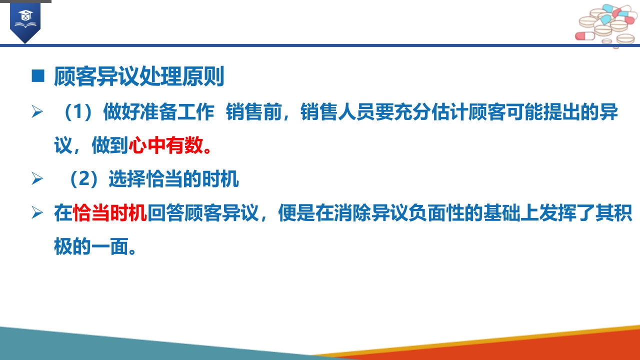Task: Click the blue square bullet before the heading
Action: tap(38, 76)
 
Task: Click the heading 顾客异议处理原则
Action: tap(139, 76)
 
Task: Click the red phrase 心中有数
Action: tap(166, 145)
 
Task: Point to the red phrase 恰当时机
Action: tap(110, 213)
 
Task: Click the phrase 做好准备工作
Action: tap(159, 111)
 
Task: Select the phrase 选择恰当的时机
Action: tap(173, 179)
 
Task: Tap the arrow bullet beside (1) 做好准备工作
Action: tap(37, 111)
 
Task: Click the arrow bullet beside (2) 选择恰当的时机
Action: tap(37, 179)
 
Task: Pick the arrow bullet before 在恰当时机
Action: tap(37, 213)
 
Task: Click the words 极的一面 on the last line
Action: tap(91, 246)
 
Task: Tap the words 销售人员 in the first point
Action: tap(337, 111)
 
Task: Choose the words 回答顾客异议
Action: tap(203, 213)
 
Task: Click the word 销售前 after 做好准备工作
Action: tap(254, 111)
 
